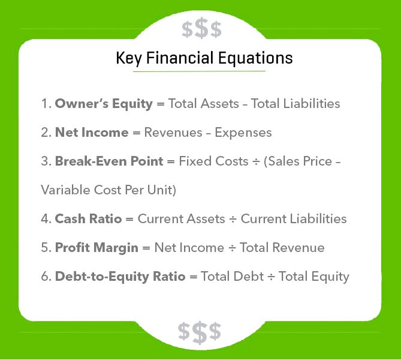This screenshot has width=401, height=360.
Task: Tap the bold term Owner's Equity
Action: (104, 103)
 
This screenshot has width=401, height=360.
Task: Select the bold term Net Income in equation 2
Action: (92, 132)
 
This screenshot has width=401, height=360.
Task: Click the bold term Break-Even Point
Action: (108, 161)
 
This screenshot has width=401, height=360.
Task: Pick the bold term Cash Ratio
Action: (88, 218)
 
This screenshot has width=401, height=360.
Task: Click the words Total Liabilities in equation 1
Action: (296, 103)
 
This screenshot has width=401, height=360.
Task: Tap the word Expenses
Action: (243, 132)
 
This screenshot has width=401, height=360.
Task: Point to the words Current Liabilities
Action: (294, 218)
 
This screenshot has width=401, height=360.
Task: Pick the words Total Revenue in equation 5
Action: (282, 247)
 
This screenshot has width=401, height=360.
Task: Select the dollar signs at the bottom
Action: (200, 331)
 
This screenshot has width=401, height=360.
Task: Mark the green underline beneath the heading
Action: (199, 71)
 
